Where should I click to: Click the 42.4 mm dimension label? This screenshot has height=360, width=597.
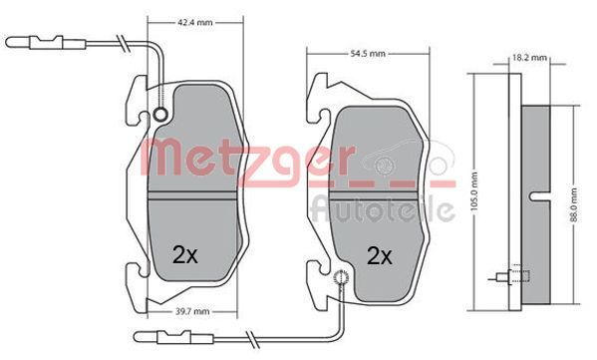coord(195,23)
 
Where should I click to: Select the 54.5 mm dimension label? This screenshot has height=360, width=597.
coord(368,54)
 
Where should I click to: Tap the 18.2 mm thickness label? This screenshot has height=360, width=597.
coord(529,58)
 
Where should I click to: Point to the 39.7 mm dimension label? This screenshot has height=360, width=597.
coord(192,311)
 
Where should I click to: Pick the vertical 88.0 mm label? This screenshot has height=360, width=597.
coord(574,205)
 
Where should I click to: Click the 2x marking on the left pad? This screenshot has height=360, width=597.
coord(185,255)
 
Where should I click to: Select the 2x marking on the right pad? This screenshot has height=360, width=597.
coord(379,256)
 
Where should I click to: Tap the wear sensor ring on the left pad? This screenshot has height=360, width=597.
coord(160,114)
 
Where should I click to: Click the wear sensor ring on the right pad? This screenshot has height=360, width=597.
coord(342,277)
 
